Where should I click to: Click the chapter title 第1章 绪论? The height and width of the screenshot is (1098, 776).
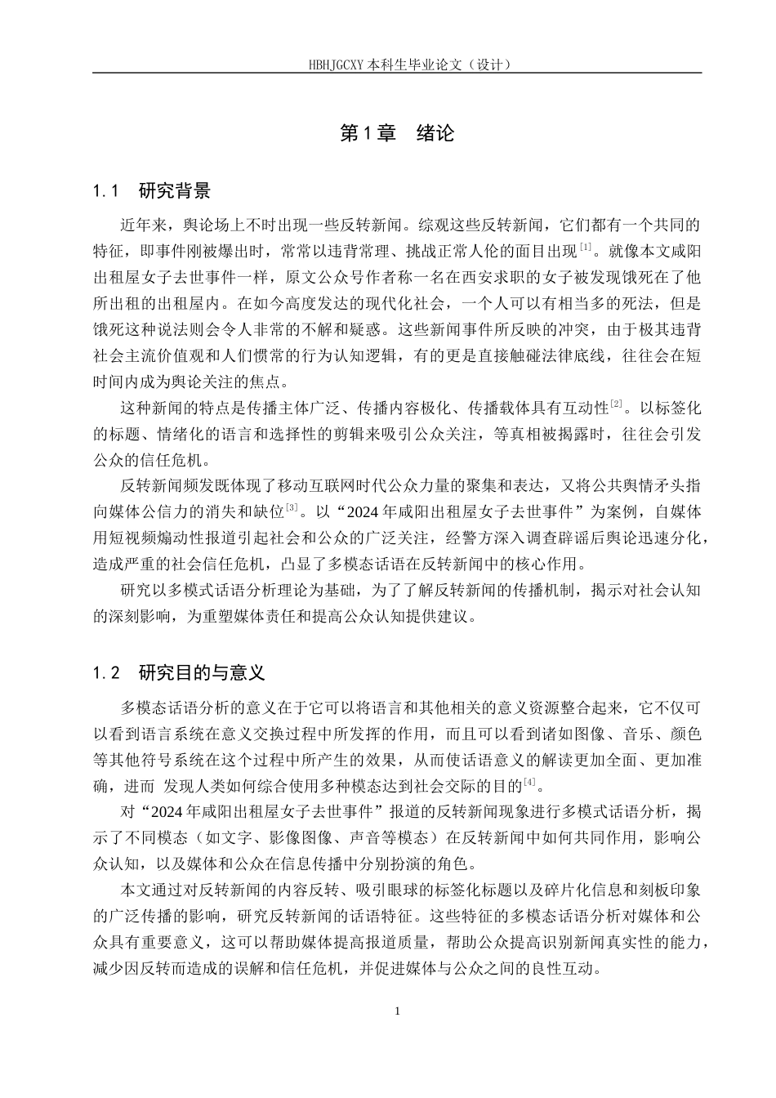(396, 133)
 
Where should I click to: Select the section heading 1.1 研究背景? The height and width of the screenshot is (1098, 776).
(152, 192)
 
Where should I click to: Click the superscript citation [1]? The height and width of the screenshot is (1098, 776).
(586, 247)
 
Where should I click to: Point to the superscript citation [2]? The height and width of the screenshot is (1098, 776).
(617, 404)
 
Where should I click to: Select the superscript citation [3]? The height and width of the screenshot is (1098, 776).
(292, 508)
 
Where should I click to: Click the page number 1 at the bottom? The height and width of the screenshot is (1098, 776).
(397, 1011)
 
